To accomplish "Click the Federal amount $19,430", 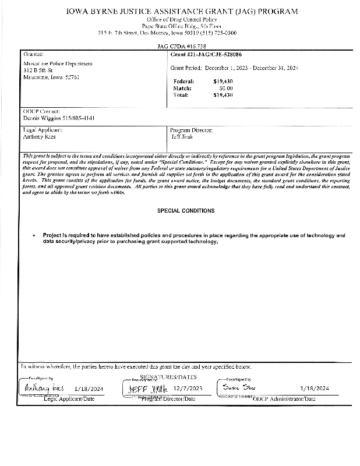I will click(223, 82).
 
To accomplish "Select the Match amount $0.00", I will click(225, 88).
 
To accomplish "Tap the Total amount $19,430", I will click(223, 94).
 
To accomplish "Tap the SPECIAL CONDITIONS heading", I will click(186, 210).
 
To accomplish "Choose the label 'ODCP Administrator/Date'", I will click(284, 398).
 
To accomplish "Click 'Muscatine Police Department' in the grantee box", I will click(58, 63).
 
